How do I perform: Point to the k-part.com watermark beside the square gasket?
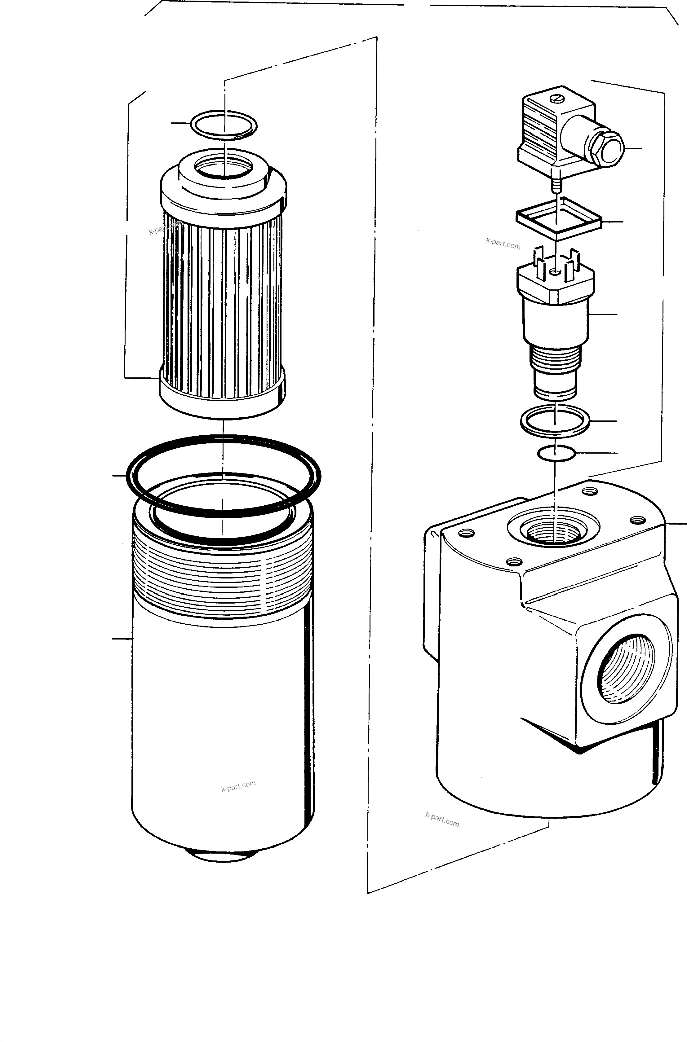(x=503, y=244)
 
